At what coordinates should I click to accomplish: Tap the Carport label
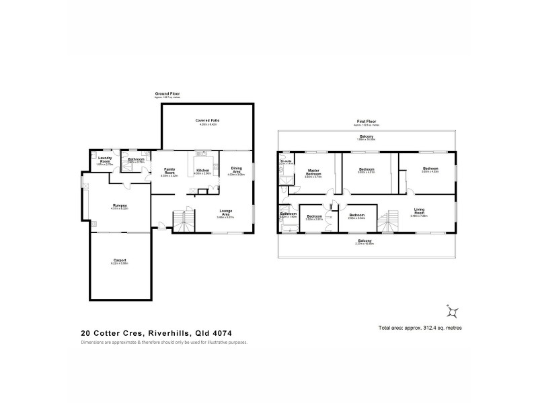[120, 261]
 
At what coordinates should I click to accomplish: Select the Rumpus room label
[120, 205]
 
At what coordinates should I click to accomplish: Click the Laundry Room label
[105, 161]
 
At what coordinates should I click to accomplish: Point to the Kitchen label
[204, 171]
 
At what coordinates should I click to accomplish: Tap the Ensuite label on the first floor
[286, 161]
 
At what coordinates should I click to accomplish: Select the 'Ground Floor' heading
[167, 93]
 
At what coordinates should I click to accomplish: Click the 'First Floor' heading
[366, 122]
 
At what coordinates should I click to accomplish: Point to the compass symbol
[452, 310]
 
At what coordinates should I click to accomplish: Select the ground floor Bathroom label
[137, 160]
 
